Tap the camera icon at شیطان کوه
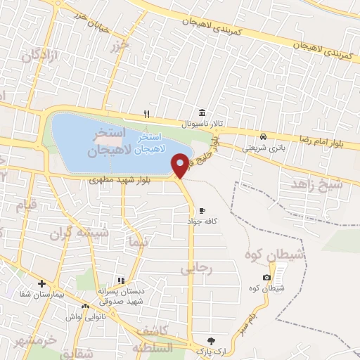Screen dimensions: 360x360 (266, 278)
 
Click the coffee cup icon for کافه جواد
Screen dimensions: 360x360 (202, 210)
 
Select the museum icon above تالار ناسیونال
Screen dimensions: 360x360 (202, 113)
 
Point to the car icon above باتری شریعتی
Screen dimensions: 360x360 (262, 136)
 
